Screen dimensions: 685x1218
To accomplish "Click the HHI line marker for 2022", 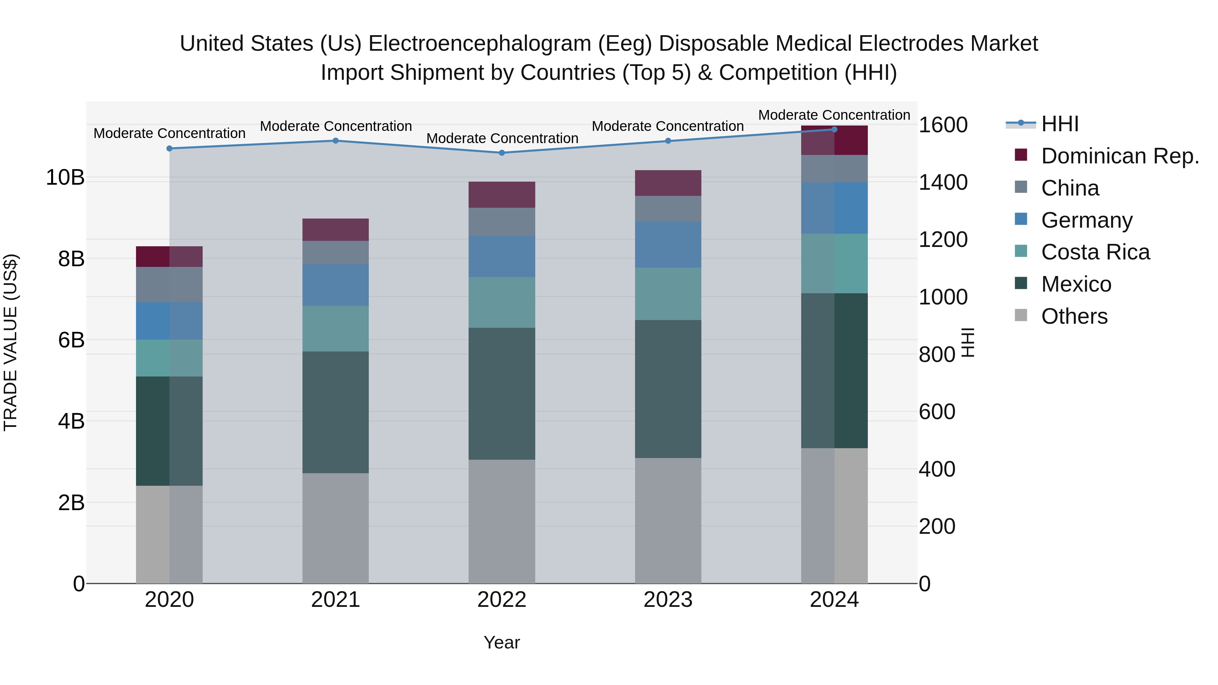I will (x=502, y=153).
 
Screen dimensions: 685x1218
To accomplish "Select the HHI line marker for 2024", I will (x=834, y=130).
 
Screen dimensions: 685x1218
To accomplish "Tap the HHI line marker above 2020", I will (x=169, y=149).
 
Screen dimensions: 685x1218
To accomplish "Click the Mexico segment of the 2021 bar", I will (x=335, y=412).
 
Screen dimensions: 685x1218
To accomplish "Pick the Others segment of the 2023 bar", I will (x=668, y=520).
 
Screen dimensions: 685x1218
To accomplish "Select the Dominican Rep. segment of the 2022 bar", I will (x=502, y=195).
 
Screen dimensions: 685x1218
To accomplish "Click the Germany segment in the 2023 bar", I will (x=668, y=245).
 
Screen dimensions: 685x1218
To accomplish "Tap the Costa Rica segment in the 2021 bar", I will (x=335, y=328).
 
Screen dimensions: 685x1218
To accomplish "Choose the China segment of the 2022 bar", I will (x=502, y=222).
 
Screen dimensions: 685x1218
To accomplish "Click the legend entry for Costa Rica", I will (x=1095, y=252).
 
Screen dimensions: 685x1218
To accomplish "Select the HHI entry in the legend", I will (x=1059, y=124).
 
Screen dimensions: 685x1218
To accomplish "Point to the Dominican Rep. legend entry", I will (x=1120, y=156).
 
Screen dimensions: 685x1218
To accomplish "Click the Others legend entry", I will (x=1074, y=316).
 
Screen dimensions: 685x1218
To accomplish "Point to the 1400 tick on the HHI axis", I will (x=943, y=182).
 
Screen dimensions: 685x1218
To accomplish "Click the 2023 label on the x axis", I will (x=668, y=600).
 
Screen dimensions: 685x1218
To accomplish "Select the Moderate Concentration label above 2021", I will (x=336, y=126).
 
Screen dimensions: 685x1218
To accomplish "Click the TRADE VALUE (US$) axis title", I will (x=10, y=342).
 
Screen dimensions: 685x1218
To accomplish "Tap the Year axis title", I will (x=502, y=642).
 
